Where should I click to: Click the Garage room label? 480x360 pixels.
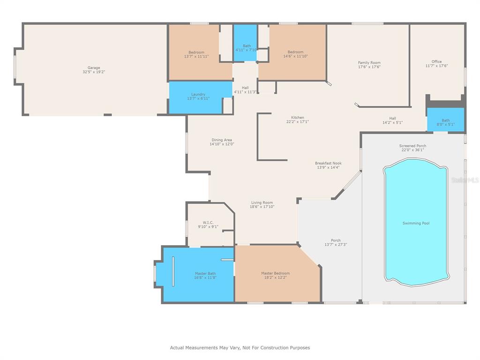point(94,67)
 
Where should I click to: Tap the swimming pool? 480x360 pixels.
point(416,222)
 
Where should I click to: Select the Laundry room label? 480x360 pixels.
point(198,94)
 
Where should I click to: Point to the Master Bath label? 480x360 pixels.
point(205,273)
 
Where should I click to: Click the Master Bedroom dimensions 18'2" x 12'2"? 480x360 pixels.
point(276,277)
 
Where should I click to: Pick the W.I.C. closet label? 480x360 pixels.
point(208,223)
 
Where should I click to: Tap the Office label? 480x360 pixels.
point(436,61)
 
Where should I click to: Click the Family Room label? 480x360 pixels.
point(369,62)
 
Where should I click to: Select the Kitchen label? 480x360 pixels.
point(298,118)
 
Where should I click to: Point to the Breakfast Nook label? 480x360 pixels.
point(328,163)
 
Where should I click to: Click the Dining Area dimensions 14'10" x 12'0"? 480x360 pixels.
point(222,144)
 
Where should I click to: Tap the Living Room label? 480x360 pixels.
point(262,202)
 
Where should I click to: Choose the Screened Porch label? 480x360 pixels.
point(412,146)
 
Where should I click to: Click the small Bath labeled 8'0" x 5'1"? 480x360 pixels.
point(446,122)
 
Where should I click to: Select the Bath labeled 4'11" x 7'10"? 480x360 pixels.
point(246,48)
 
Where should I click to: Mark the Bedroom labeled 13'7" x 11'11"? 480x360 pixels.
point(196,54)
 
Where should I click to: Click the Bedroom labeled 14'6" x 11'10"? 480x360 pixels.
point(295,54)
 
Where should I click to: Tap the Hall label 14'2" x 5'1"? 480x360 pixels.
point(392,120)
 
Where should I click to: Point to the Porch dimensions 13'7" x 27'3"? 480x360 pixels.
point(336,245)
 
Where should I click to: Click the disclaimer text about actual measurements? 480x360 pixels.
point(240,347)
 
